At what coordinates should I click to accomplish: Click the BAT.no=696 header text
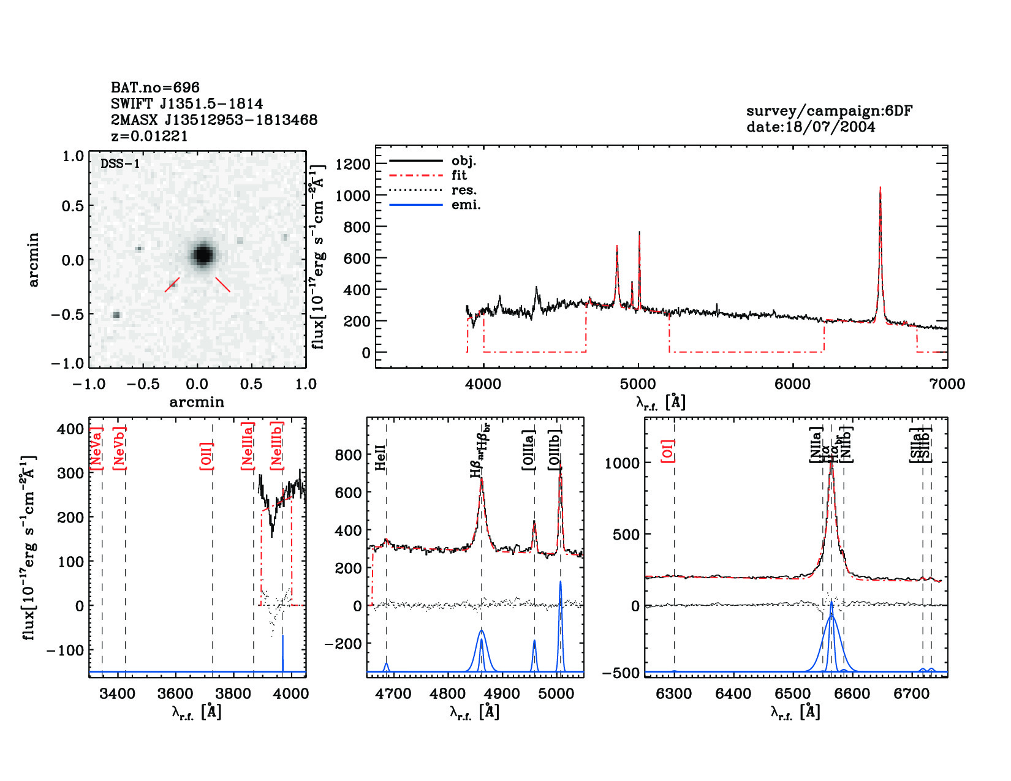tap(155, 88)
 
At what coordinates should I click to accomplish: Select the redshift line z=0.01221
tap(149, 136)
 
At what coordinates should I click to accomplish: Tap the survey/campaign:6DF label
tap(829, 111)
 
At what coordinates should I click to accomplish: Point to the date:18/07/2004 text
tap(811, 127)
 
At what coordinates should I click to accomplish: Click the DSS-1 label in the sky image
tap(120, 164)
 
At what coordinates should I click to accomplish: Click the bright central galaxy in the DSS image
tap(202, 254)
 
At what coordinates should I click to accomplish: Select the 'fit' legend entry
tap(459, 175)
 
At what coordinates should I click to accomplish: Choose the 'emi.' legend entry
tap(466, 205)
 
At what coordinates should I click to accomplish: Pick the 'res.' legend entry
tap(464, 190)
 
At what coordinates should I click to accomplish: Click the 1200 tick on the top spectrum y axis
tap(353, 164)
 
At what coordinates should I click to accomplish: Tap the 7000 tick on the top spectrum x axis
tap(947, 384)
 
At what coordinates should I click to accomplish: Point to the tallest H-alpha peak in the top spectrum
tap(880, 189)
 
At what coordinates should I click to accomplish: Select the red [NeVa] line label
tap(96, 449)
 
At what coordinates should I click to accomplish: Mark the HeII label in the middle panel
tap(381, 458)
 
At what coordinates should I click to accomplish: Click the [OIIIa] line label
tap(529, 450)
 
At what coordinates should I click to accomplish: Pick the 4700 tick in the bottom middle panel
tap(393, 693)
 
